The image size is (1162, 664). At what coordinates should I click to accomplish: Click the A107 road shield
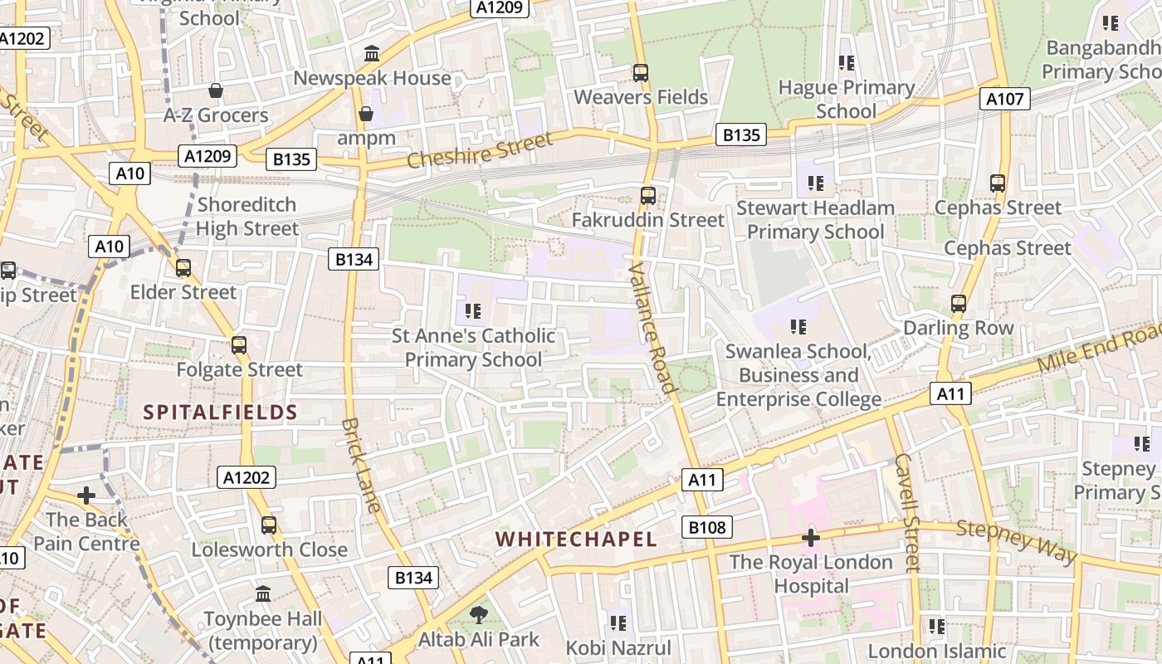click(1005, 100)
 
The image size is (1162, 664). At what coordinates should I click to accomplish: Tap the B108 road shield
click(707, 527)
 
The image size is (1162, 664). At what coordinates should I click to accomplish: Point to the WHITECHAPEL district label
click(576, 539)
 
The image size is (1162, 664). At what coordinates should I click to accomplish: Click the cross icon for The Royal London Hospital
click(811, 538)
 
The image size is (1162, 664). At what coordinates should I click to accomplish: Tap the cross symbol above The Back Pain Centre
click(86, 496)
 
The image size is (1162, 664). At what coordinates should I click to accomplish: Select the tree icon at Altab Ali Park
click(478, 615)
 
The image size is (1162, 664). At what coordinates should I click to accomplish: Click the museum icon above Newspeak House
click(372, 55)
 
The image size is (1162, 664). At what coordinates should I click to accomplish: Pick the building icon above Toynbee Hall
click(263, 594)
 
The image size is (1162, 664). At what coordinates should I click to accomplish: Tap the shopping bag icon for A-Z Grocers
click(216, 90)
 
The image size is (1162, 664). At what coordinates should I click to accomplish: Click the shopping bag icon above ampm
click(365, 114)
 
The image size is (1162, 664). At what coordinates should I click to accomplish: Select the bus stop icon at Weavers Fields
click(641, 73)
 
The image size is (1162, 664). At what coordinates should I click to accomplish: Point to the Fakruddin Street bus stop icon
click(648, 196)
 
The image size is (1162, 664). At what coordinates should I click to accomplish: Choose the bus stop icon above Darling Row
click(959, 304)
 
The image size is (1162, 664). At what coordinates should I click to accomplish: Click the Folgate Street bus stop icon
click(239, 344)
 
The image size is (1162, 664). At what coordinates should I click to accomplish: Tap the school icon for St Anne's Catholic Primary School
click(473, 311)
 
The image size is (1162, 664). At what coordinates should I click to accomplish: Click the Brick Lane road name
click(361, 465)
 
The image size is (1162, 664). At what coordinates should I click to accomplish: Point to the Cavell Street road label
click(907, 512)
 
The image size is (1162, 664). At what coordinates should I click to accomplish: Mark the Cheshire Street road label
click(480, 149)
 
